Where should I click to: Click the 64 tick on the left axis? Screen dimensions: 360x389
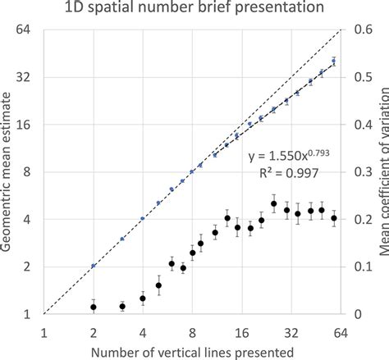[x=24, y=30]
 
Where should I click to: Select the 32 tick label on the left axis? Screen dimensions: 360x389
[x=24, y=78]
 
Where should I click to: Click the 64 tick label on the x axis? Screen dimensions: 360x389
[x=341, y=331]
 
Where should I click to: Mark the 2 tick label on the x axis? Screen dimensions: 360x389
[x=94, y=331]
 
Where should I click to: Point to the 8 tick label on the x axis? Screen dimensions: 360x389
[x=192, y=331]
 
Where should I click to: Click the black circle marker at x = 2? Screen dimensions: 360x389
[x=94, y=308]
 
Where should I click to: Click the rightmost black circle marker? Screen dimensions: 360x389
[x=334, y=218]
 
